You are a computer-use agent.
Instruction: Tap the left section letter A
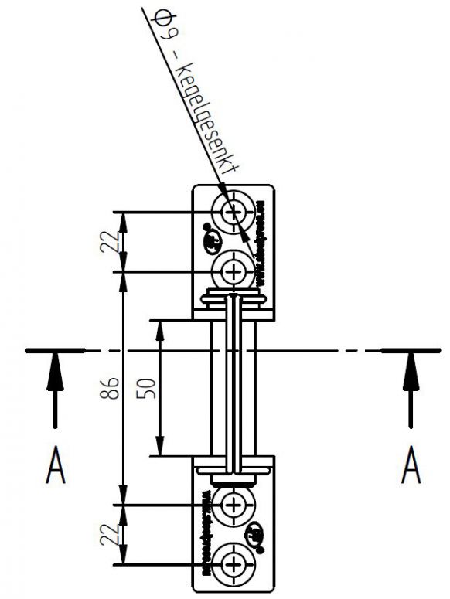tap(55, 468)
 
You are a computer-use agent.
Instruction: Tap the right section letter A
tap(411, 468)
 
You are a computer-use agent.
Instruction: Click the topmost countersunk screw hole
tap(233, 211)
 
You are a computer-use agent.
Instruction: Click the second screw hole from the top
tap(233, 271)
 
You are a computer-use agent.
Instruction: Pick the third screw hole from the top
tap(233, 505)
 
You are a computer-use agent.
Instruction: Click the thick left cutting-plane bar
tap(55, 351)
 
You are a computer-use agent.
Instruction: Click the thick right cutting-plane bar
tap(411, 351)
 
